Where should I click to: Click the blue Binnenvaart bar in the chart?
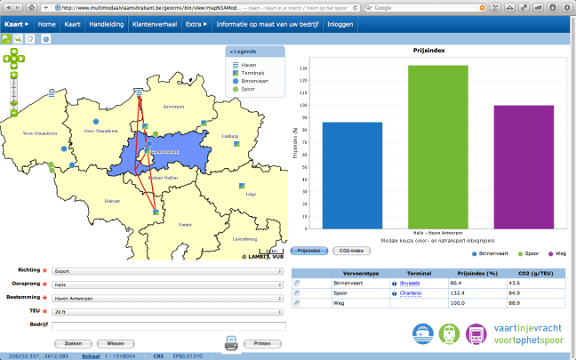(346, 174)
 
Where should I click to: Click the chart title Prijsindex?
(429, 52)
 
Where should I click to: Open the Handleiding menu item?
(106, 24)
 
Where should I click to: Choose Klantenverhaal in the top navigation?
(152, 24)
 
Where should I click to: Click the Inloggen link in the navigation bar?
(340, 24)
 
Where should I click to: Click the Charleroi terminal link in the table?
(412, 292)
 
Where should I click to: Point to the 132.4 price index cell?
(469, 292)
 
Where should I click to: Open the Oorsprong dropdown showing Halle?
(166, 284)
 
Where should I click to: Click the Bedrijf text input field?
(166, 326)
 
